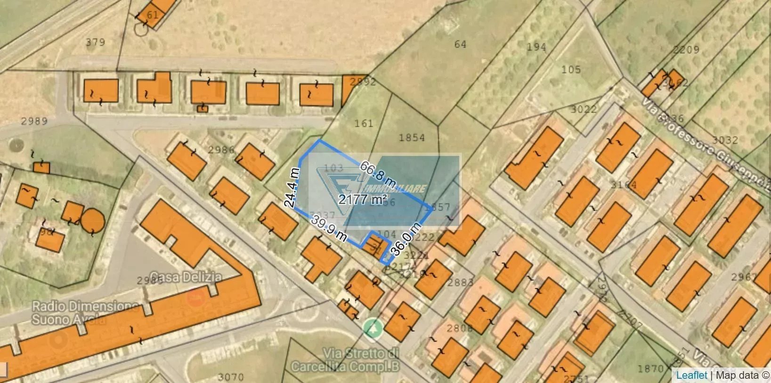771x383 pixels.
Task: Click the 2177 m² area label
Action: (363, 199)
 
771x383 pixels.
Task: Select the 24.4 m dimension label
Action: (292, 187)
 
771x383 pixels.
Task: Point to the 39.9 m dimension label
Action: (329, 228)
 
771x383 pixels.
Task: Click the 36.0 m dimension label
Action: (406, 239)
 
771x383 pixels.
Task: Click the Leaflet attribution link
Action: (691, 375)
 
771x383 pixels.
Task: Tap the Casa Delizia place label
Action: (186, 277)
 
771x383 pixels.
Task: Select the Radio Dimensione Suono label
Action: (85, 313)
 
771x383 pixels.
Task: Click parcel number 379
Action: (95, 42)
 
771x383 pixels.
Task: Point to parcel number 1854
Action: (412, 138)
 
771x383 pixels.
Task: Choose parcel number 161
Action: (364, 123)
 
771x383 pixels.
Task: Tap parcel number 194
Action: (536, 47)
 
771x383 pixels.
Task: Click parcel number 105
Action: (571, 70)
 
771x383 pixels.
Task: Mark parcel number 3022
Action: (584, 109)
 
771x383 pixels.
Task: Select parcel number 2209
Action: (686, 49)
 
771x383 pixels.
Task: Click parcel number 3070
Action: (231, 377)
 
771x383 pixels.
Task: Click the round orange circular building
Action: (92, 220)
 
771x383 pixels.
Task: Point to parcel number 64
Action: (460, 44)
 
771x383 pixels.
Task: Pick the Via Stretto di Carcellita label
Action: (346, 359)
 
